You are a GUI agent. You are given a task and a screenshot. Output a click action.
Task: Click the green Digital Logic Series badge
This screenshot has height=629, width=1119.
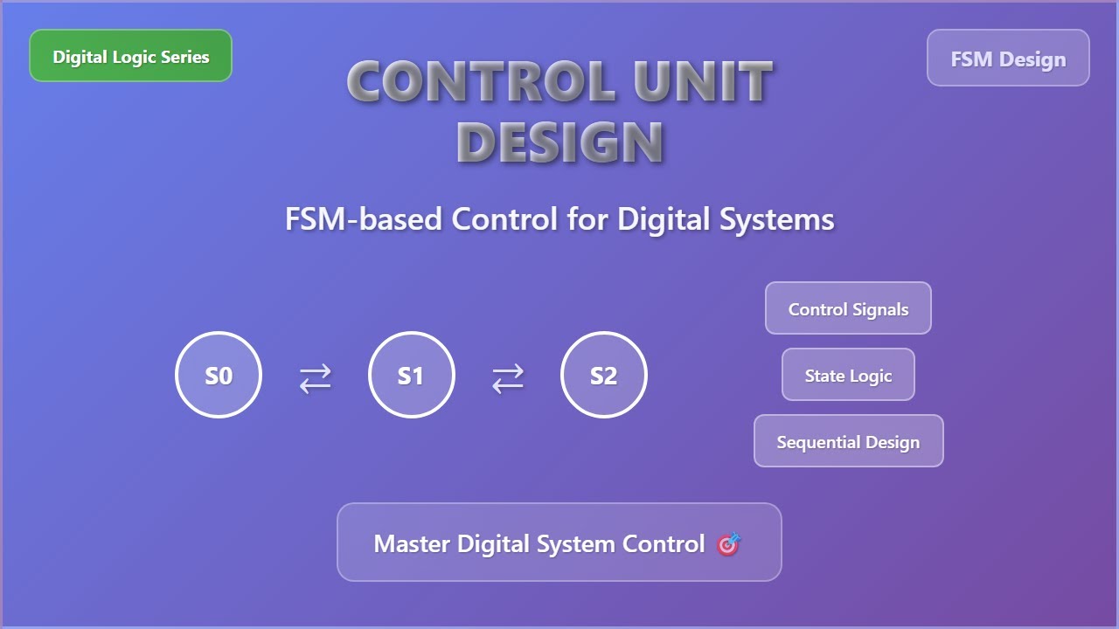point(130,56)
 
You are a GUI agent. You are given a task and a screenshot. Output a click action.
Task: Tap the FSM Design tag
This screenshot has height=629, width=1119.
point(1008,59)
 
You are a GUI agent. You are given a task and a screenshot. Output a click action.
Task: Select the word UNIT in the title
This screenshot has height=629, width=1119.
point(704,82)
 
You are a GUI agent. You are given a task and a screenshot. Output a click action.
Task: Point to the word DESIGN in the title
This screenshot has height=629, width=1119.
point(559,142)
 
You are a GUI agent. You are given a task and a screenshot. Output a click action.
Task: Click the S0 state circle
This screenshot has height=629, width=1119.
point(219,375)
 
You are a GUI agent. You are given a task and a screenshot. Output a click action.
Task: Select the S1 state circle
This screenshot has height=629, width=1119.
point(411,375)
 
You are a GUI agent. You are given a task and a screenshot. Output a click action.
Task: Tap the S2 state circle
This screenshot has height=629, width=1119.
point(603,375)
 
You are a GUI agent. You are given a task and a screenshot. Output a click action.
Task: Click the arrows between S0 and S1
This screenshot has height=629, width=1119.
point(315,378)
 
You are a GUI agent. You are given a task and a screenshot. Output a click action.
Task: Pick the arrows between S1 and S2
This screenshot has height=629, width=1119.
point(507,378)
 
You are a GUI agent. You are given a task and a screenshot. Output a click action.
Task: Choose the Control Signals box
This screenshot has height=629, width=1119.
point(848,308)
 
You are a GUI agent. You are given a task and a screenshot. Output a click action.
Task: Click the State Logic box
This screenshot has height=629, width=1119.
point(848,376)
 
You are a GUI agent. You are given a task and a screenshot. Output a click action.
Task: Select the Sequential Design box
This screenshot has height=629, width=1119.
point(848,441)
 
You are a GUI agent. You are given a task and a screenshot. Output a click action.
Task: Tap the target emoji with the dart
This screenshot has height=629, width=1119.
point(728,543)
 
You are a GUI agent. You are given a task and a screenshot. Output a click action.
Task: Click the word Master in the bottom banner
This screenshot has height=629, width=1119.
point(412,543)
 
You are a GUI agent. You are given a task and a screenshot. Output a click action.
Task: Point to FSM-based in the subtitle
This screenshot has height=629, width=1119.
point(363,218)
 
